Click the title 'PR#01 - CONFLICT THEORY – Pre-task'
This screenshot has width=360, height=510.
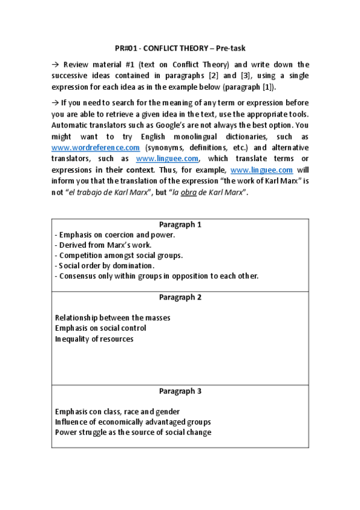point(180,48)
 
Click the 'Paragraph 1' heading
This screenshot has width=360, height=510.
point(180,224)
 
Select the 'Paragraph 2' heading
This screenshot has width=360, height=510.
point(180,297)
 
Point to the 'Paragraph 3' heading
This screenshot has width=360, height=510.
point(180,391)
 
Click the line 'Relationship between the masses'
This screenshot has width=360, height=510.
point(112,318)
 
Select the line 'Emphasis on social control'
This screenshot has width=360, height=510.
point(100,328)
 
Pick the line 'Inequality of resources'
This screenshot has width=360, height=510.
point(94,339)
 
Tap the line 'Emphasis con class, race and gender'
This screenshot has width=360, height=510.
point(117,412)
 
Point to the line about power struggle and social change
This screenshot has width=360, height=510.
point(133,432)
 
